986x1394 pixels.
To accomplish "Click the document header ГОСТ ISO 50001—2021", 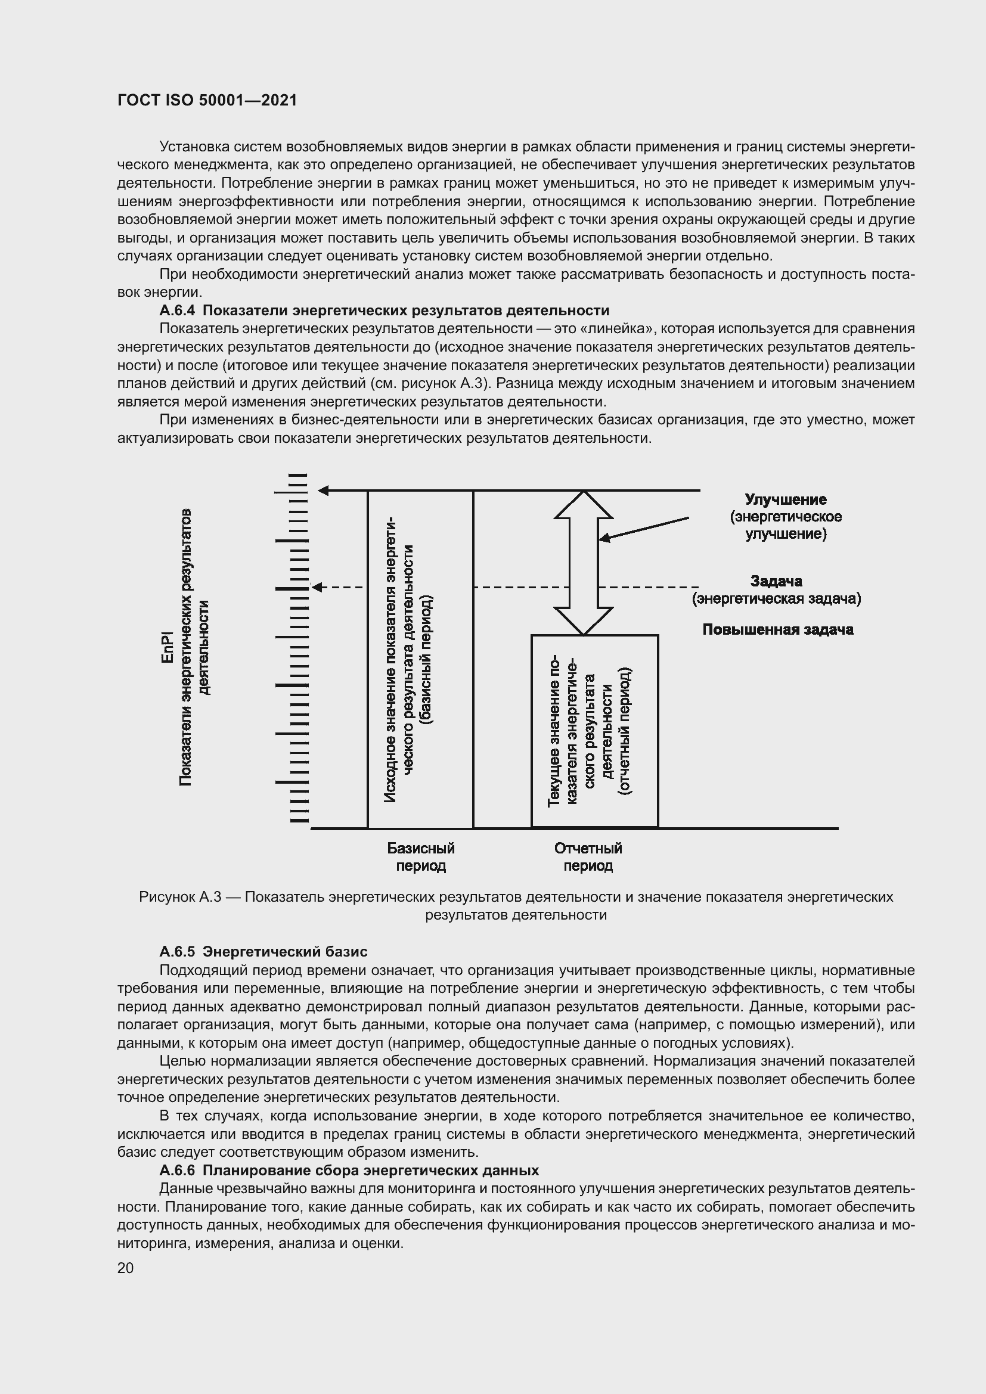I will point(207,101).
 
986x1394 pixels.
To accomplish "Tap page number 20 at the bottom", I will point(126,1268).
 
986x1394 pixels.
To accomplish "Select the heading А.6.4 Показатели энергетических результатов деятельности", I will point(384,311).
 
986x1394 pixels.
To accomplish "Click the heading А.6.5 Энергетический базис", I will point(263,951).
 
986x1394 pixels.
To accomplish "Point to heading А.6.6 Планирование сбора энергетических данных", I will point(349,1170).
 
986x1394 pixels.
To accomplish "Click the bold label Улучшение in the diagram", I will point(786,499).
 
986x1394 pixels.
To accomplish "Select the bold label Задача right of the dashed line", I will point(776,581).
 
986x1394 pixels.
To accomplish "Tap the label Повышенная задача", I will point(778,629).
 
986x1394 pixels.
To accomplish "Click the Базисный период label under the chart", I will point(421,856).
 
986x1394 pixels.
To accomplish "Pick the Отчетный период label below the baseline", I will point(588,856).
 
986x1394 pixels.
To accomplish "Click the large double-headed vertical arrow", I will point(584,563).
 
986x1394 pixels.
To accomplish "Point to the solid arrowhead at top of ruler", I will point(324,490).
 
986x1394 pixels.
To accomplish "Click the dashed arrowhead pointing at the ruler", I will point(317,587).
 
